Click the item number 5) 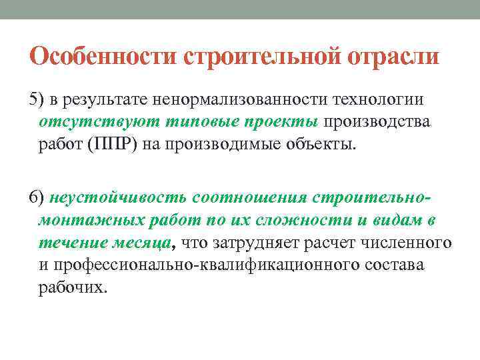37,100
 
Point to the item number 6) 37,199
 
